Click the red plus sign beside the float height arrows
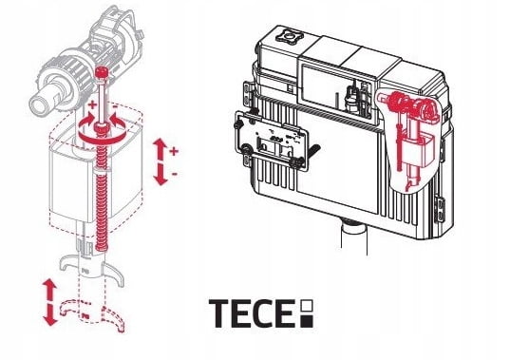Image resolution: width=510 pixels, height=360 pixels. (x=174, y=150)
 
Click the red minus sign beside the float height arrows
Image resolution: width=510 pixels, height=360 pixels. (x=174, y=174)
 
